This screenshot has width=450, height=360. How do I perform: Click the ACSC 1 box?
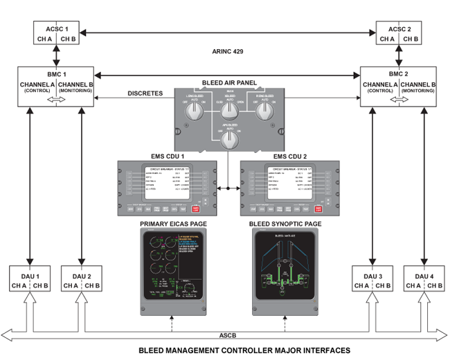pyautogui.click(x=57, y=33)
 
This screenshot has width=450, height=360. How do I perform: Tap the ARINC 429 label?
pyautogui.click(x=228, y=52)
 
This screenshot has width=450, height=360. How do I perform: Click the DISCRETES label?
pyautogui.click(x=145, y=93)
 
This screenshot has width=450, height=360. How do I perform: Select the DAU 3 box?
pyautogui.click(x=373, y=279)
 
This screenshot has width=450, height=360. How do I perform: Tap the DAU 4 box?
pyautogui.click(x=424, y=279)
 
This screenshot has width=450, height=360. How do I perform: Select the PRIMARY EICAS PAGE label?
pyautogui.click(x=171, y=224)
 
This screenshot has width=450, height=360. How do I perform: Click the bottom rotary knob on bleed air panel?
pyautogui.click(x=227, y=141)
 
